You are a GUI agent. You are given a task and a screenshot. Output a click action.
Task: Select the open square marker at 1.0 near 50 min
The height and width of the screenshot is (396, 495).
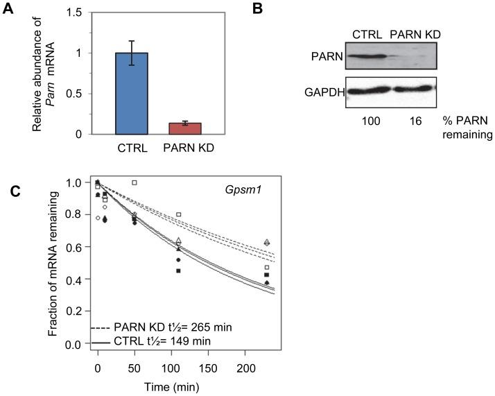click(x=134, y=182)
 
